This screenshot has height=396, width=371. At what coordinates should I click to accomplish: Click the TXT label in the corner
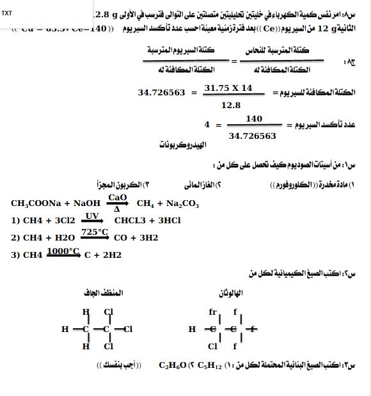point(6,13)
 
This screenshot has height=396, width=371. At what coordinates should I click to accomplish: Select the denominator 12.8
point(230,104)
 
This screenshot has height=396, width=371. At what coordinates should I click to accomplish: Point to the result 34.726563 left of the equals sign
point(162,93)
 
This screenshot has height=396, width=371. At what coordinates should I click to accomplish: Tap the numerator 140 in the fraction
point(254,119)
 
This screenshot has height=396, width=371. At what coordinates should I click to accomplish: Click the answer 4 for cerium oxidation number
point(207,125)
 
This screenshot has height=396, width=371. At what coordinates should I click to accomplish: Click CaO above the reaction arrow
point(118,198)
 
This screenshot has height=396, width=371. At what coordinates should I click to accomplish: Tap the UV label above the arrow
point(93,216)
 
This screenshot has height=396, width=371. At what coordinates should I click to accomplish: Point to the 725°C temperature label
point(94,232)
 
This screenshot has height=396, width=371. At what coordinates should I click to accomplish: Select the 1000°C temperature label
point(63,250)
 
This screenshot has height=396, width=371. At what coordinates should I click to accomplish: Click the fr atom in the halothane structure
point(213,312)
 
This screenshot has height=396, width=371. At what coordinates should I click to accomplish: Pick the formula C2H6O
point(172,366)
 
